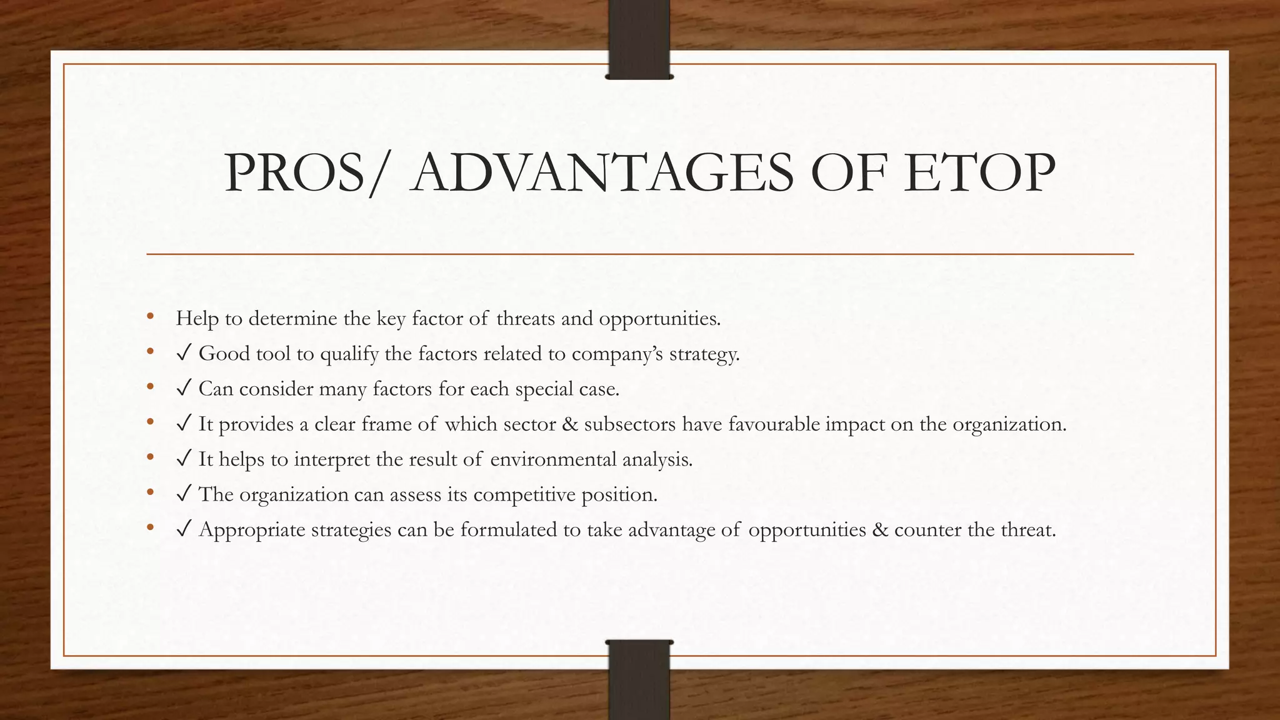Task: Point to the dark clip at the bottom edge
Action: coord(639,679)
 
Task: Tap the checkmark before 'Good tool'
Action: coord(184,354)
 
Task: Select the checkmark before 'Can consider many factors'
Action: coord(184,389)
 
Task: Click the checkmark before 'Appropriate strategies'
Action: coord(184,530)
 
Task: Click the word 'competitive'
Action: coord(524,495)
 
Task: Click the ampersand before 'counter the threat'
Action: coord(879,530)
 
